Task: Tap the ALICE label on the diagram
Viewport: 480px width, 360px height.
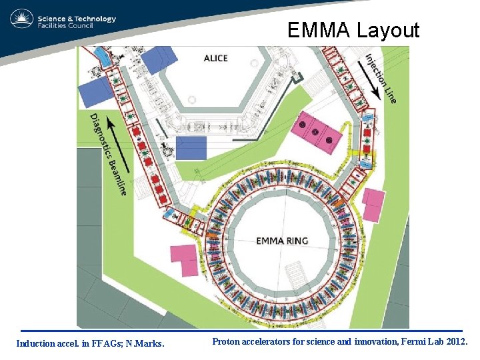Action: (215, 59)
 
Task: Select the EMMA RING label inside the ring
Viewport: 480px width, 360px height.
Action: (283, 241)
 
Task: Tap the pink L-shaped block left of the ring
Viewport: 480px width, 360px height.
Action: (185, 259)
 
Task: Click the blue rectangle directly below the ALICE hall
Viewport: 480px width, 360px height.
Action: (191, 147)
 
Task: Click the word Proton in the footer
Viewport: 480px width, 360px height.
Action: (227, 341)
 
